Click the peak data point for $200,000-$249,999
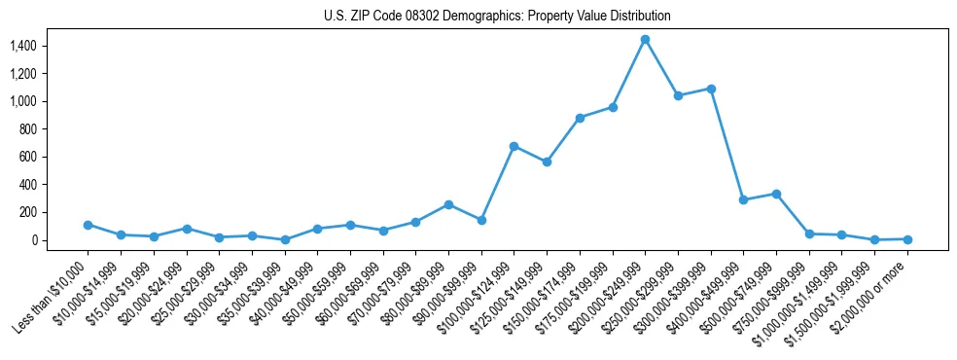pyautogui.click(x=645, y=39)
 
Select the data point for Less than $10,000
pyautogui.click(x=88, y=225)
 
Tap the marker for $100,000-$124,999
pyautogui.click(x=514, y=146)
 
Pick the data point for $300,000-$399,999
pyautogui.click(x=711, y=89)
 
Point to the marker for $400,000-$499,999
pyautogui.click(x=743, y=199)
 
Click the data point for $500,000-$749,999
pyautogui.click(x=776, y=194)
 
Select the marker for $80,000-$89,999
pyautogui.click(x=448, y=204)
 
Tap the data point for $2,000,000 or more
pyautogui.click(x=907, y=238)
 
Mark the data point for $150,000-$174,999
pyautogui.click(x=580, y=118)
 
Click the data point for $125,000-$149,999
pyautogui.click(x=547, y=162)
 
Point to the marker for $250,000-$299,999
pyautogui.click(x=678, y=95)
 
